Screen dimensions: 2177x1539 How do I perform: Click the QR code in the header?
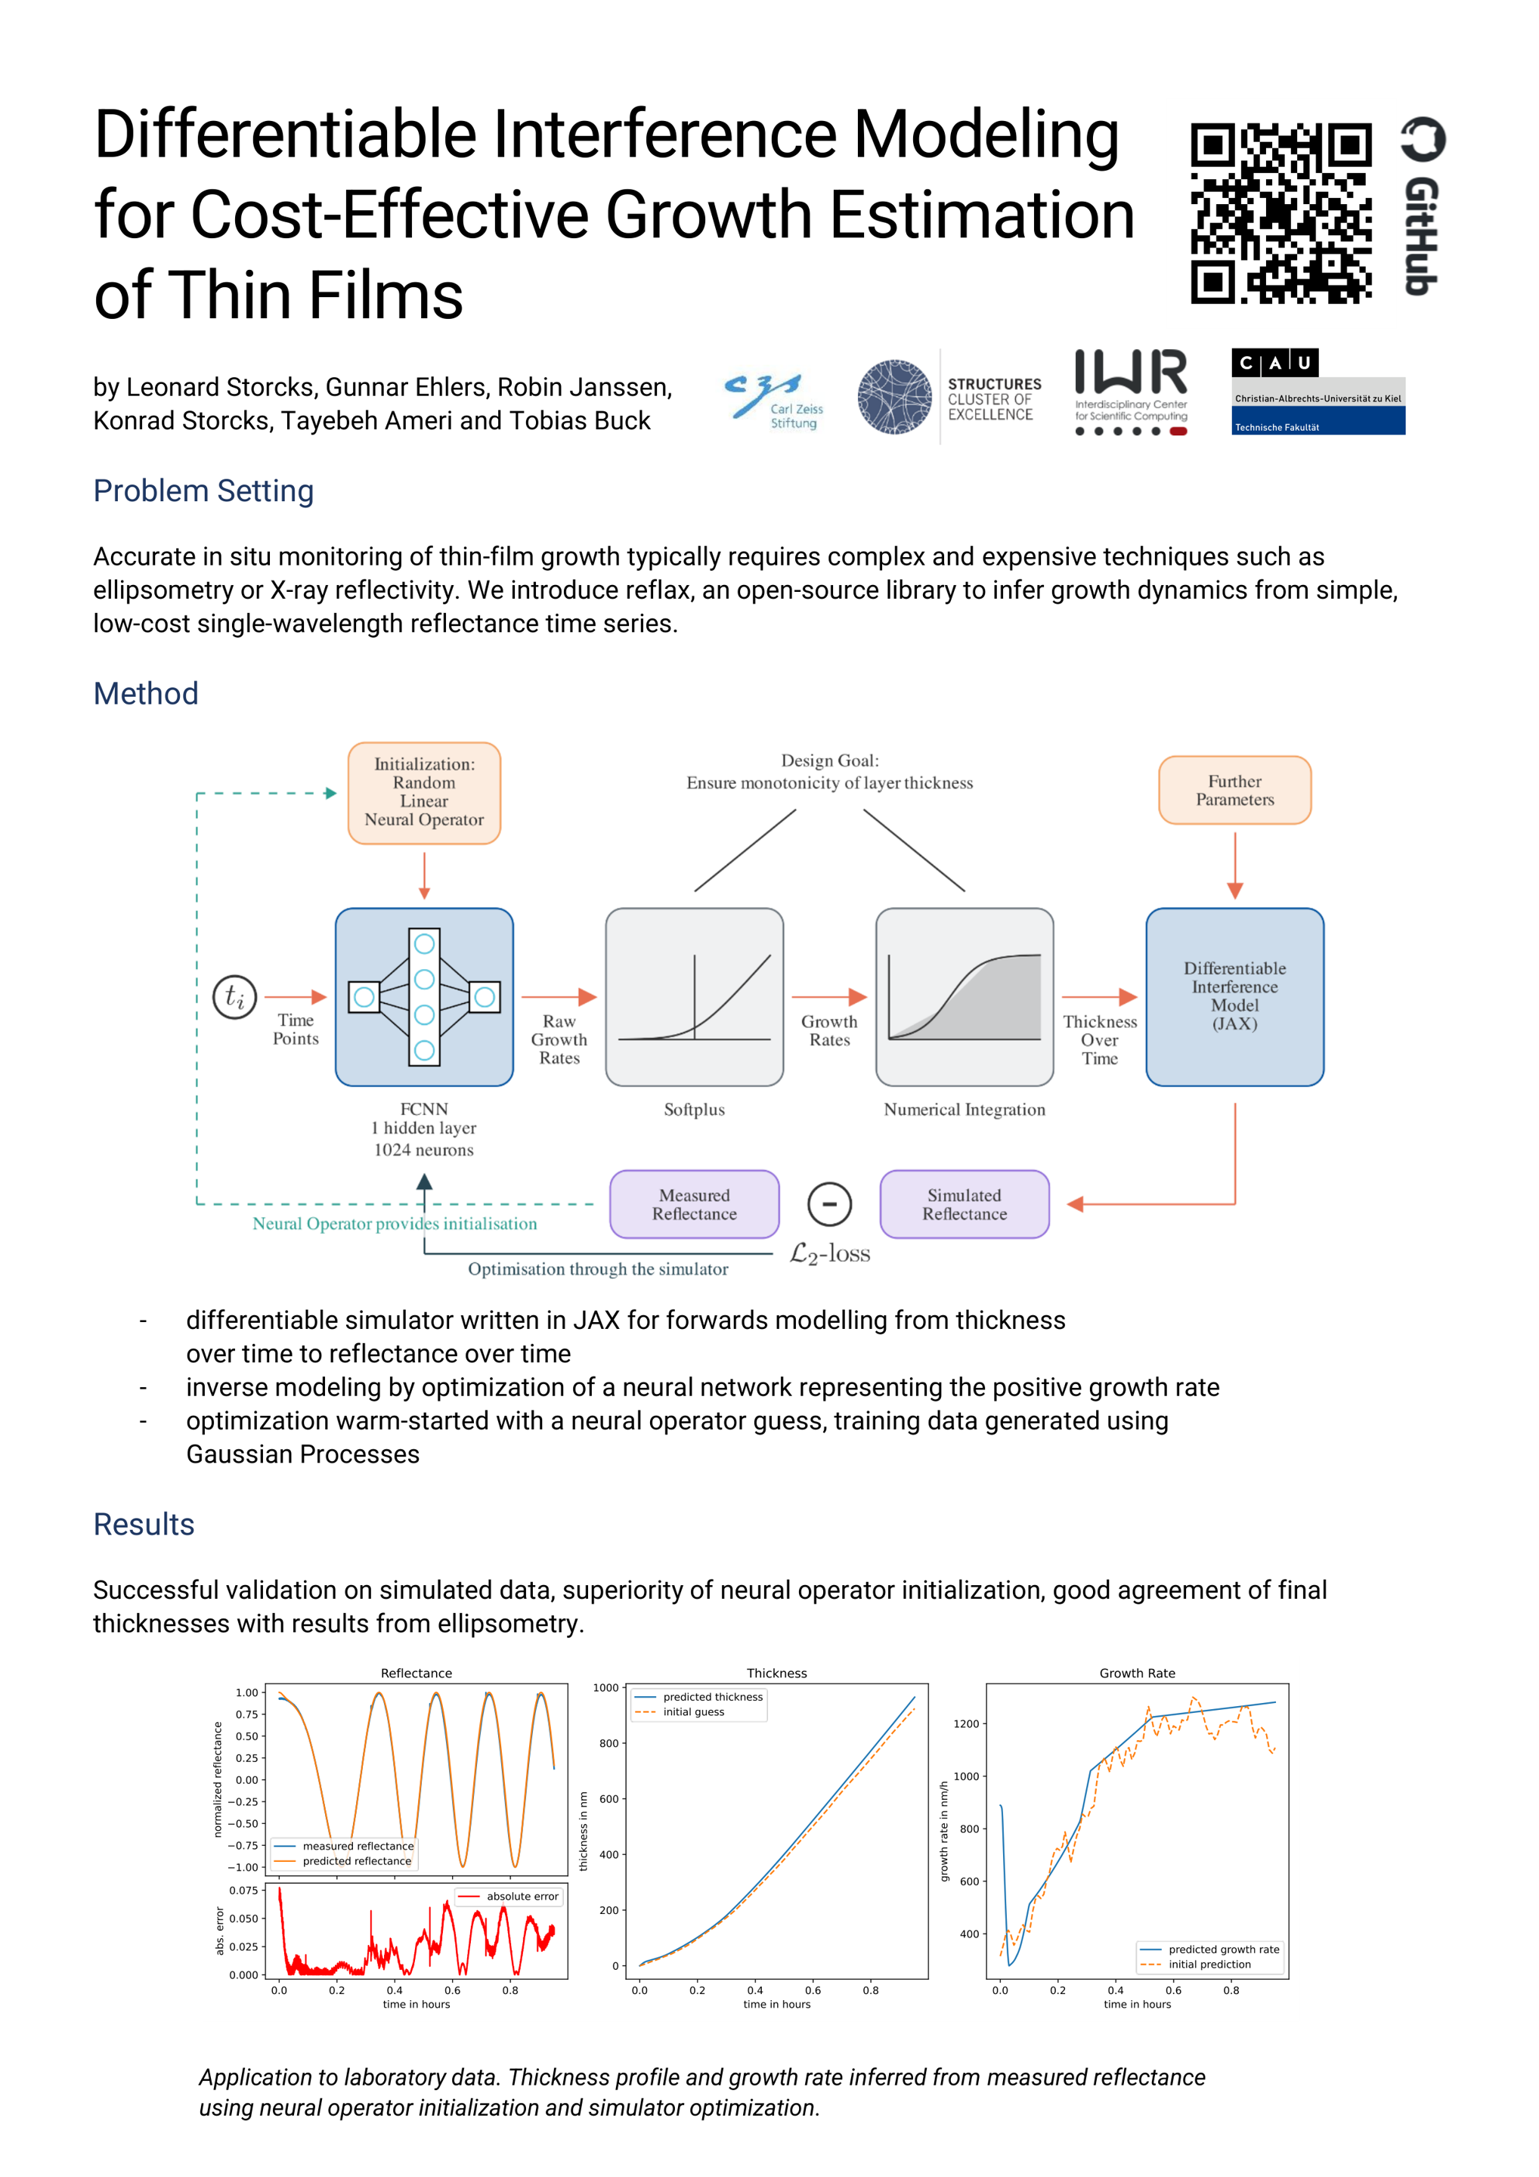tap(1280, 213)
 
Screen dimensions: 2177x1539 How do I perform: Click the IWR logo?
tap(1130, 392)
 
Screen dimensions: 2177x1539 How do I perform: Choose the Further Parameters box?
tap(1234, 790)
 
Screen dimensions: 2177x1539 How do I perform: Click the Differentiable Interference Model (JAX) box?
tap(1234, 996)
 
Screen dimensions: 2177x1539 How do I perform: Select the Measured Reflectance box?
tap(694, 1204)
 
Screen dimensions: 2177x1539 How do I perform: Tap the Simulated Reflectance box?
tap(965, 1204)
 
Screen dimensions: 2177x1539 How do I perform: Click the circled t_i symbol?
tap(234, 996)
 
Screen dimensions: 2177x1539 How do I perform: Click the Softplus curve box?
tap(694, 996)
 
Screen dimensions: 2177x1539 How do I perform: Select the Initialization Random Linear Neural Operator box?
tap(424, 793)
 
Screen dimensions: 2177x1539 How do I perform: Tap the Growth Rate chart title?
tap(1137, 1673)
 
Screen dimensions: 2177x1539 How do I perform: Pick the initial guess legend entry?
tap(693, 1711)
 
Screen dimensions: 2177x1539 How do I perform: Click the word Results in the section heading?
tap(144, 1525)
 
